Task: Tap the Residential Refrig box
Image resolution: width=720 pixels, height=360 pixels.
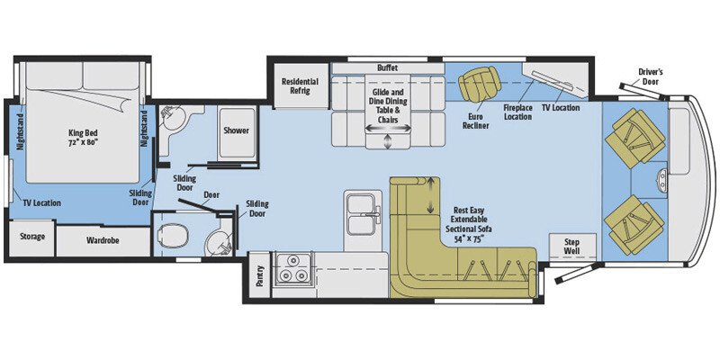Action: pyautogui.click(x=300, y=86)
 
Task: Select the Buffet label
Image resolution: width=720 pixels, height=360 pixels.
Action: pyautogui.click(x=386, y=67)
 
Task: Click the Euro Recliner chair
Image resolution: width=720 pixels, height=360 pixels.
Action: pyautogui.click(x=478, y=86)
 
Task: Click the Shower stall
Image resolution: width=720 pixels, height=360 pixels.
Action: pyautogui.click(x=236, y=135)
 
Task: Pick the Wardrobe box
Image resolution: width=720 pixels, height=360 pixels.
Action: pyautogui.click(x=103, y=241)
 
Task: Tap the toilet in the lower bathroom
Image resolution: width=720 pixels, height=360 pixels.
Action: pyautogui.click(x=169, y=238)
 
